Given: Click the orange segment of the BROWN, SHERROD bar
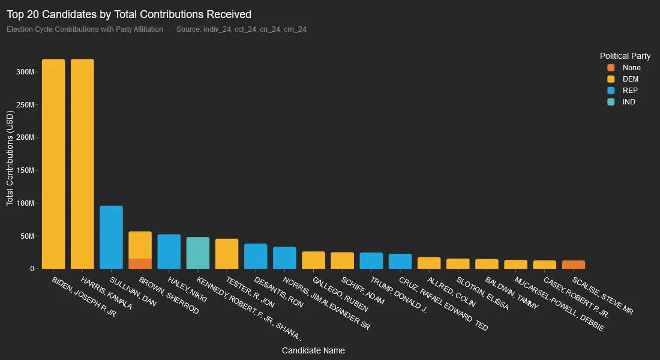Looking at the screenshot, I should [x=140, y=263].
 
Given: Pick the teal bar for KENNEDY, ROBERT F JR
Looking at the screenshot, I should [x=198, y=253].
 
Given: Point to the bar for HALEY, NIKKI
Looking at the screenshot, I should [x=169, y=251].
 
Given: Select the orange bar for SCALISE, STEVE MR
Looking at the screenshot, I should [x=574, y=265].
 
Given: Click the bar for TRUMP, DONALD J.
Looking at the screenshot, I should [x=371, y=260].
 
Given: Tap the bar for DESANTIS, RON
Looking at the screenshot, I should [x=256, y=256].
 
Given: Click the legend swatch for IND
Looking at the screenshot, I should [x=611, y=102].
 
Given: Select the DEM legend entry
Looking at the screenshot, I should [x=630, y=79].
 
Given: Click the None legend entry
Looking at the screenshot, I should [x=631, y=68].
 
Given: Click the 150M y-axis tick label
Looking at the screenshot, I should [x=26, y=170].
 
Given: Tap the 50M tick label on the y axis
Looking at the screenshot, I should [x=28, y=236].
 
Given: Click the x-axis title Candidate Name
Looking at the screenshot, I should [x=313, y=350].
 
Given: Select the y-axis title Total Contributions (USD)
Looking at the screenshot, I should [x=10, y=159].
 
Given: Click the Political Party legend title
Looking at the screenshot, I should [x=625, y=56].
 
